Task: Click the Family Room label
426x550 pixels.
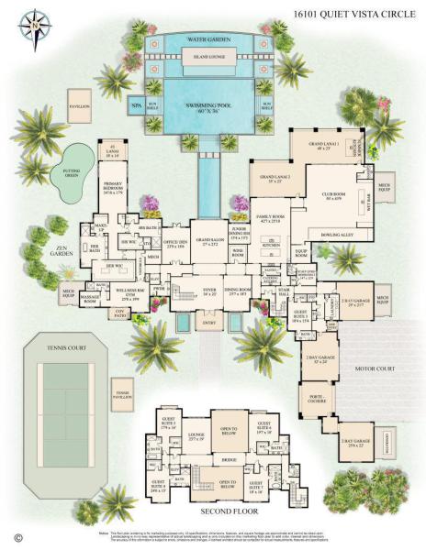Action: (x=274, y=219)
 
